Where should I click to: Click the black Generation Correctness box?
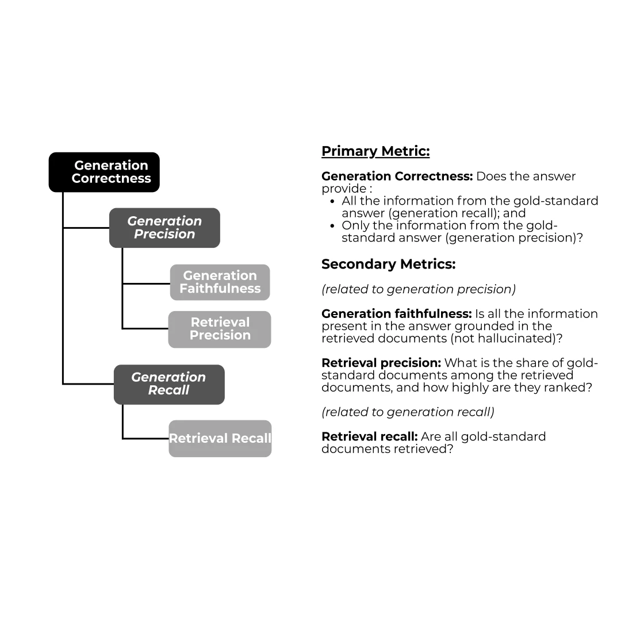104,172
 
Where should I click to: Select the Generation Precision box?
164,228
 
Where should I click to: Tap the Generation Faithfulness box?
220,282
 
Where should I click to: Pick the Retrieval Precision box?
220,329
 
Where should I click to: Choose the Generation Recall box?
169,384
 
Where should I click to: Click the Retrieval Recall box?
220,439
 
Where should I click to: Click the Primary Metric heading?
375,151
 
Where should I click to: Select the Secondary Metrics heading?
388,264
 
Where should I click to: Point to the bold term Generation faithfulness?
396,314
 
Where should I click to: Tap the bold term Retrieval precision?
381,363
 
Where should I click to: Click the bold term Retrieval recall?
369,436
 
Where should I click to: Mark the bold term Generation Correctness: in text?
397,177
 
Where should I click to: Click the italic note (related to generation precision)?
419,289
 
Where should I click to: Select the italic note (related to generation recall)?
408,412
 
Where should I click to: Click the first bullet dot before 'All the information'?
333,201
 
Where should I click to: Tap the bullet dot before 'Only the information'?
333,225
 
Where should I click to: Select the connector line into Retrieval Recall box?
145,439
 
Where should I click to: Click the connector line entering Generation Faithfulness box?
146,283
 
